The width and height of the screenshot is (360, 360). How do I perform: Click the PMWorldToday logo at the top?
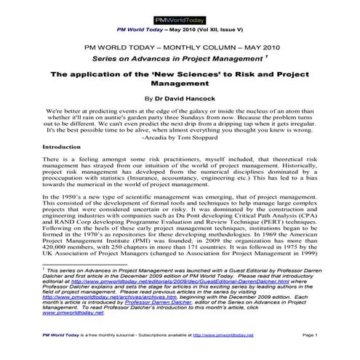click(x=180, y=15)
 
